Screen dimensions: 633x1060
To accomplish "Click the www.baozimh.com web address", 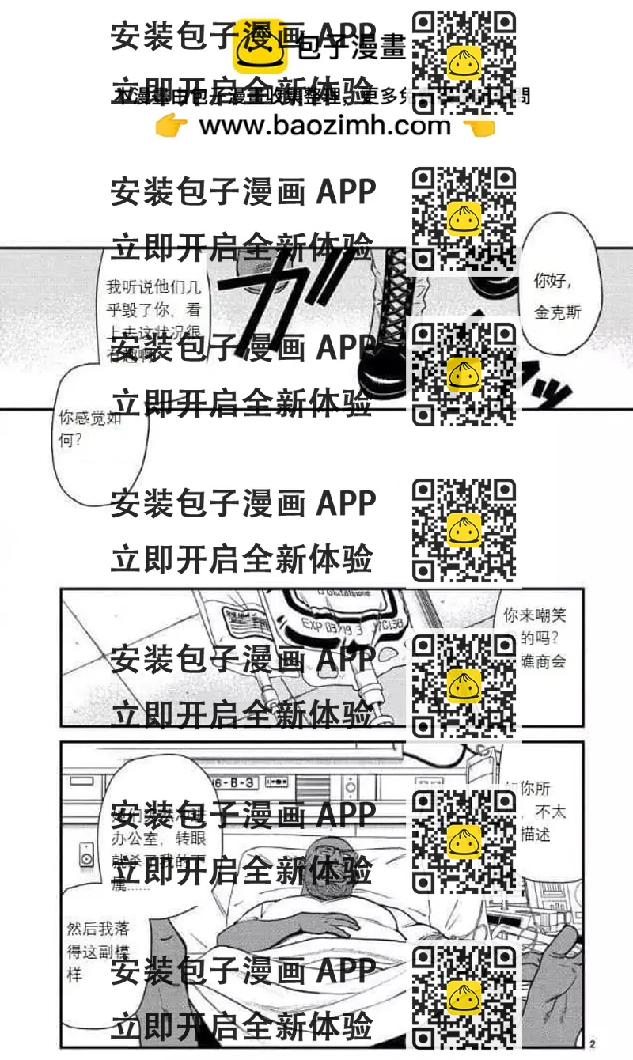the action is click(324, 126).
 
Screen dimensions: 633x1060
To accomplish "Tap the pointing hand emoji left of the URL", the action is click(171, 126).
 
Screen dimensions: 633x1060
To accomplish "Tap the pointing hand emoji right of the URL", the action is click(478, 126).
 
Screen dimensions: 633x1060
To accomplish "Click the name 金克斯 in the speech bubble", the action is click(557, 312).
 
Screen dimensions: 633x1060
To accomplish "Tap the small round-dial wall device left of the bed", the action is click(86, 854).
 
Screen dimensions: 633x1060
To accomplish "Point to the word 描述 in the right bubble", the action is click(536, 835).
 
